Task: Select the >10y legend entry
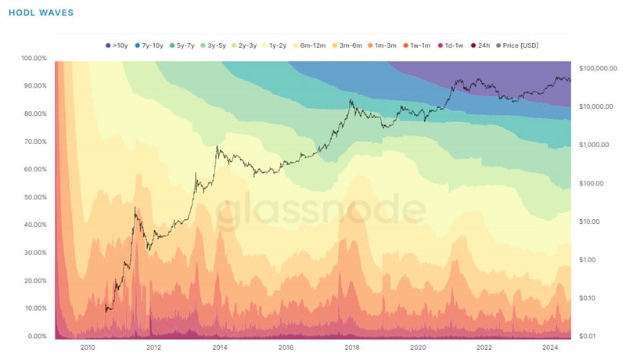[118, 45]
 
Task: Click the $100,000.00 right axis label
[598, 68]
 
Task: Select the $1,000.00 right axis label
[594, 145]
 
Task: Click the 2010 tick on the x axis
[87, 347]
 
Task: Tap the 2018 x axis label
[352, 347]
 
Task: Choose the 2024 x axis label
[551, 347]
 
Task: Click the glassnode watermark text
[321, 210]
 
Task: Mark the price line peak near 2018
[351, 100]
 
